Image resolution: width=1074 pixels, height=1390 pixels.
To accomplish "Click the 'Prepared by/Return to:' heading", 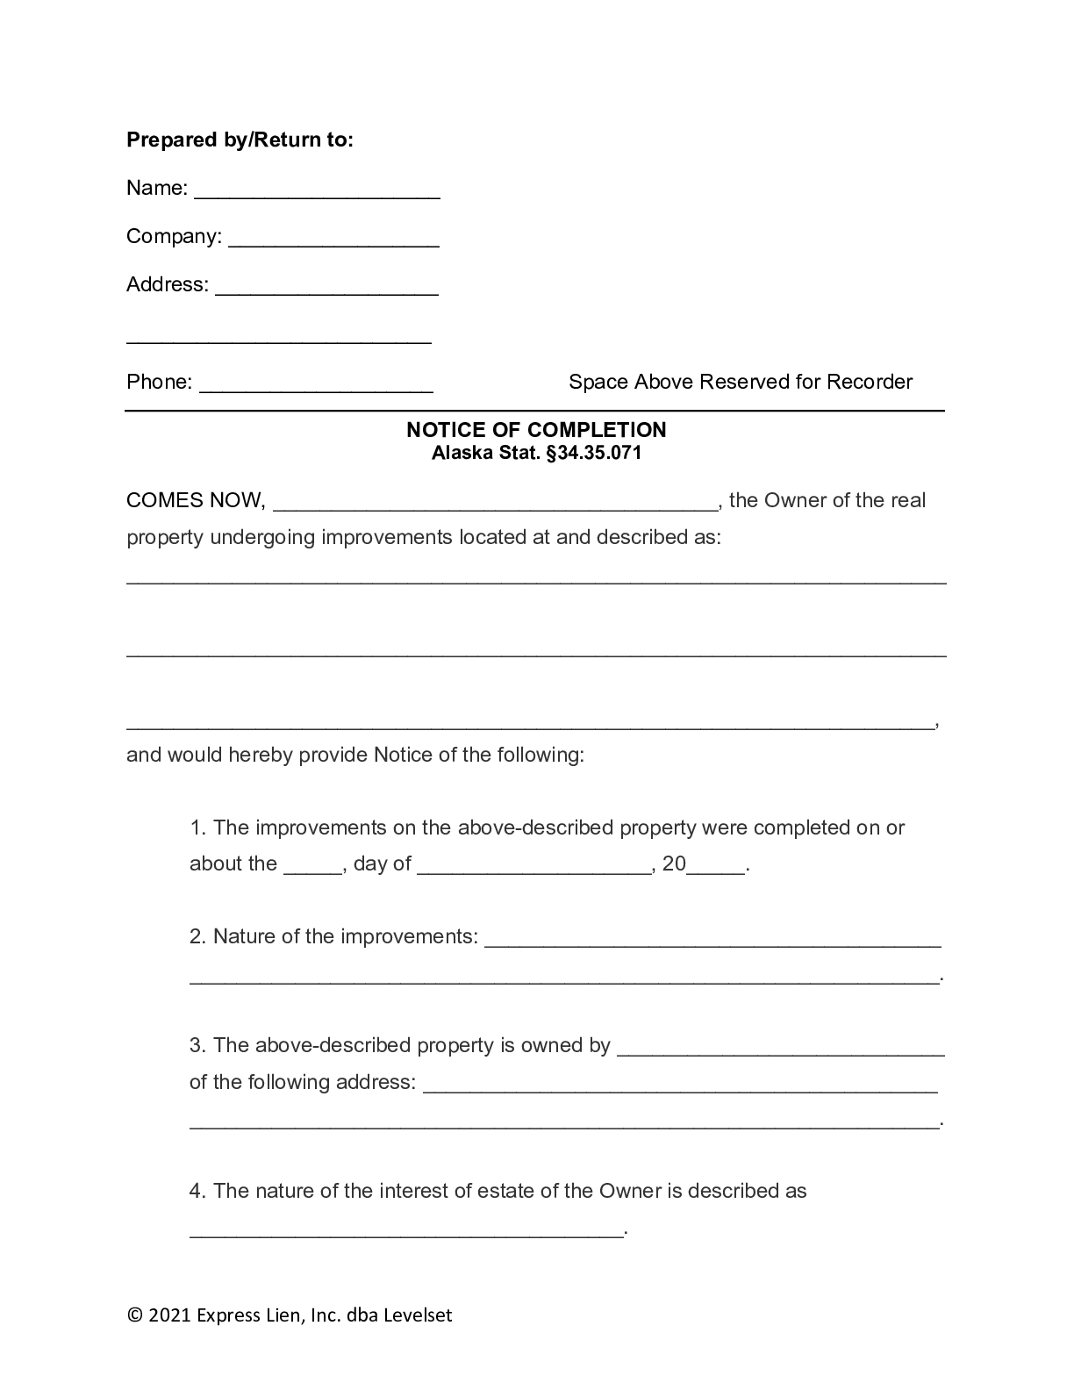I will [x=240, y=140].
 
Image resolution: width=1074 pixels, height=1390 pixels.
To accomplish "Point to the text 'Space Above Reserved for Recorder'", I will [x=740, y=382].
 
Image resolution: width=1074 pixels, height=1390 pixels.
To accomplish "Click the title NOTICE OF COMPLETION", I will [x=536, y=430].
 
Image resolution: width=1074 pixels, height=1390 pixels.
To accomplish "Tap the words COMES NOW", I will [x=194, y=501].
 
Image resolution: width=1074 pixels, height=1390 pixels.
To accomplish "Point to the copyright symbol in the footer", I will [x=134, y=1315].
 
